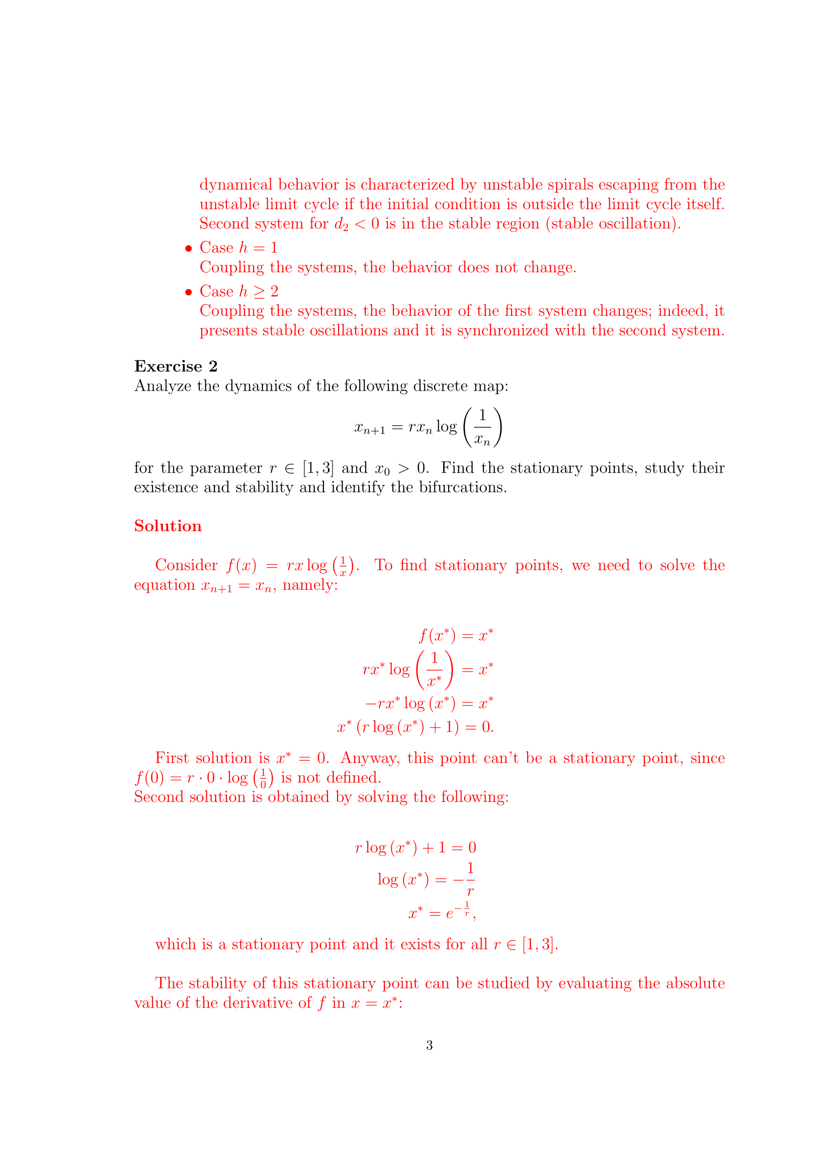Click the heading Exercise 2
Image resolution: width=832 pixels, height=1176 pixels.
click(176, 366)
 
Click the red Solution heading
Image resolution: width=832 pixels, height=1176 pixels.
click(168, 526)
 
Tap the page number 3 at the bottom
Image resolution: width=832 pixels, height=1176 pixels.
click(429, 1045)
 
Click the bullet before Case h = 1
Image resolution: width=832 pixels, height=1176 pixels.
click(189, 248)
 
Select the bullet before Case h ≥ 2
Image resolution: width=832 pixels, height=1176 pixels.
click(189, 292)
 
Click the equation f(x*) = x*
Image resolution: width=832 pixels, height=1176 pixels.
click(455, 636)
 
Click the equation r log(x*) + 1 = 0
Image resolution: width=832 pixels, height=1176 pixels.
click(415, 848)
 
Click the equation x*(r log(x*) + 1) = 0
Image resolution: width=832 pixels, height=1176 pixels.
click(415, 728)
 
